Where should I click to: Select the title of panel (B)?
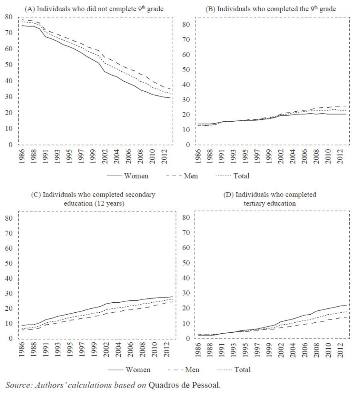pyautogui.click(x=270, y=8)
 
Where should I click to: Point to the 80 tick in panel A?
pyautogui.click(x=8, y=17)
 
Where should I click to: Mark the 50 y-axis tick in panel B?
pyautogui.click(x=185, y=70)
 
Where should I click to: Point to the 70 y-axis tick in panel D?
pyautogui.click(x=185, y=233)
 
